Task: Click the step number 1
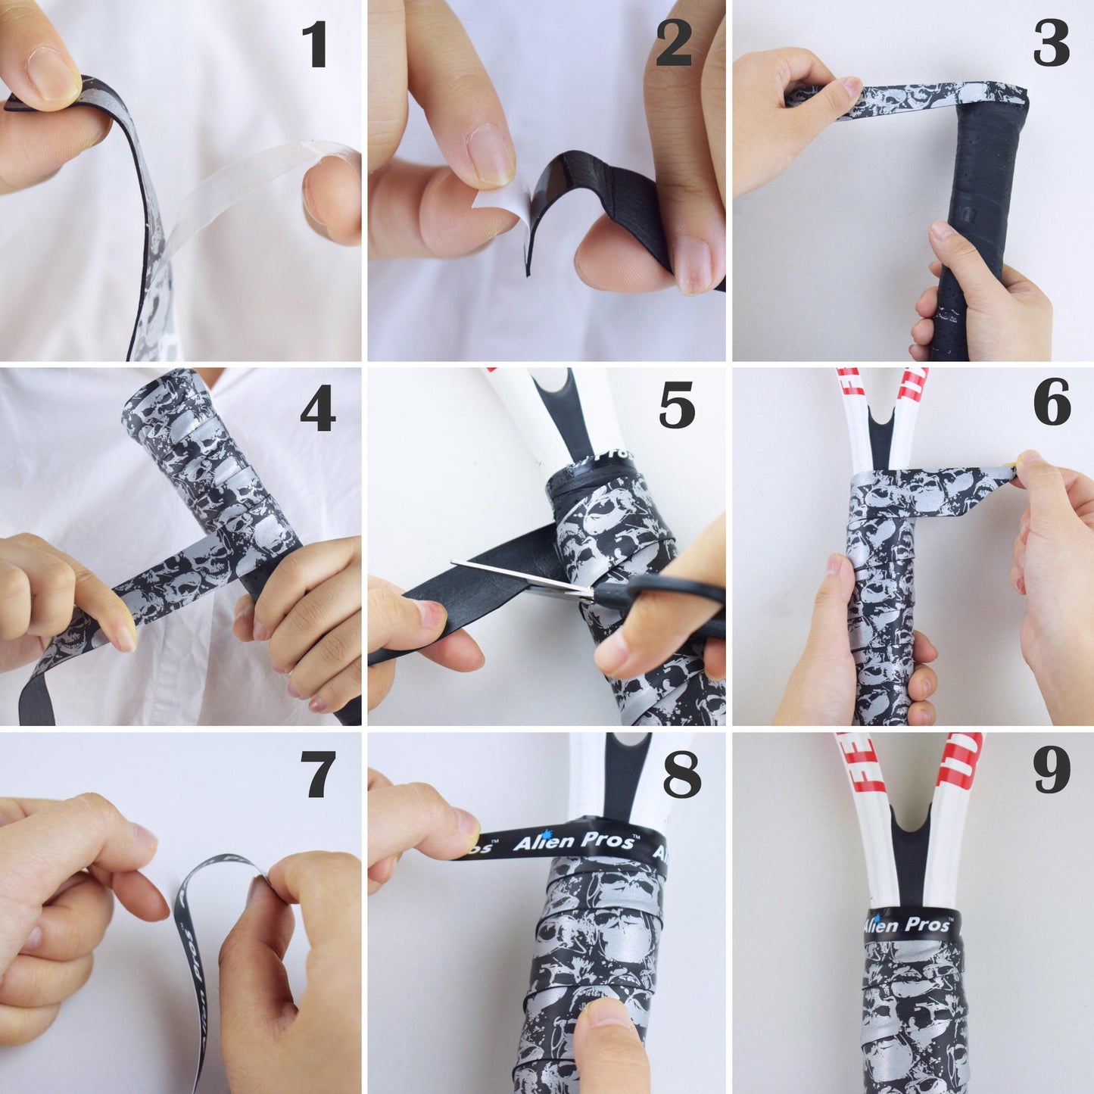pyautogui.click(x=315, y=45)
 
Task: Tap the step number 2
pyautogui.click(x=674, y=43)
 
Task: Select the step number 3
pyautogui.click(x=1051, y=43)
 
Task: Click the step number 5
pyautogui.click(x=676, y=405)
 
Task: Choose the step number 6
pyautogui.click(x=1052, y=403)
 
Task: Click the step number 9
pyautogui.click(x=1052, y=770)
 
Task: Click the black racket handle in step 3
pyautogui.click(x=977, y=227)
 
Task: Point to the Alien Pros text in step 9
pyautogui.click(x=909, y=924)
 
